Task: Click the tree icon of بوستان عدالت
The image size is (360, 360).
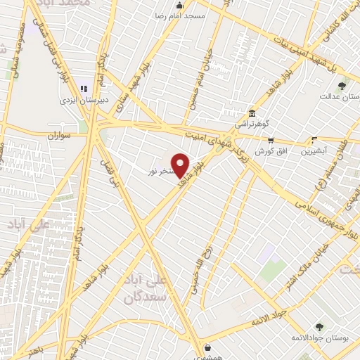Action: (x=342, y=86)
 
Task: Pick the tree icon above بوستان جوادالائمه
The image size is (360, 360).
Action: (x=320, y=327)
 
